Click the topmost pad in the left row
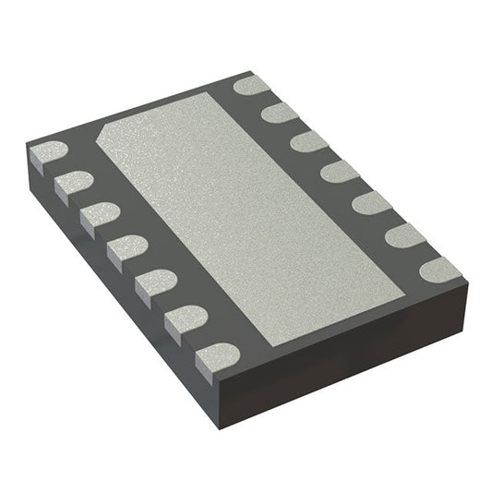(49, 153)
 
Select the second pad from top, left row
(73, 182)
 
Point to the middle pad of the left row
(126, 247)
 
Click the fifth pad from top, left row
(155, 282)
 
